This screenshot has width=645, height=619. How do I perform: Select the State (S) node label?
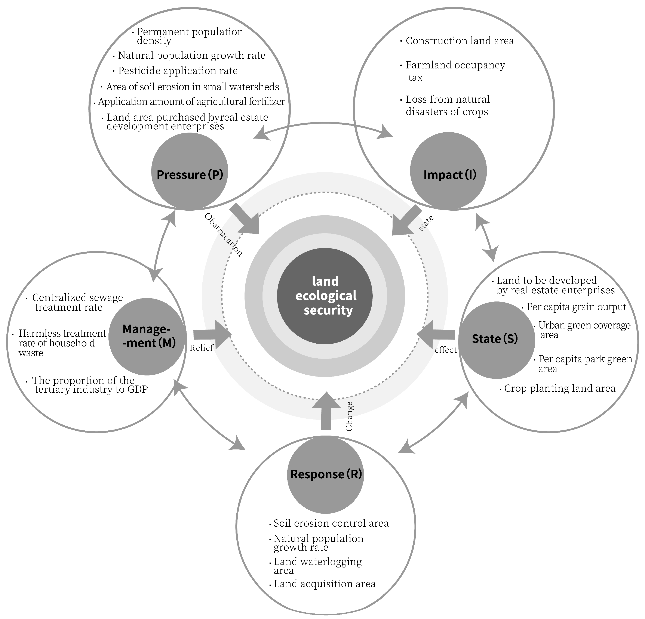point(495,338)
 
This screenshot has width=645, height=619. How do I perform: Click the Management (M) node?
point(147,336)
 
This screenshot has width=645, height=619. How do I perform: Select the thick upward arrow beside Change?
point(326,411)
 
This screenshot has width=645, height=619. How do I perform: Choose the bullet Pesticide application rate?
point(178,71)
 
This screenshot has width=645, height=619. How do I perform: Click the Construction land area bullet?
point(459,41)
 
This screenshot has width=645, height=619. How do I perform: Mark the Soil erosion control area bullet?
point(331,523)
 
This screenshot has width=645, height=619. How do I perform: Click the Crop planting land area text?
point(559,389)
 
